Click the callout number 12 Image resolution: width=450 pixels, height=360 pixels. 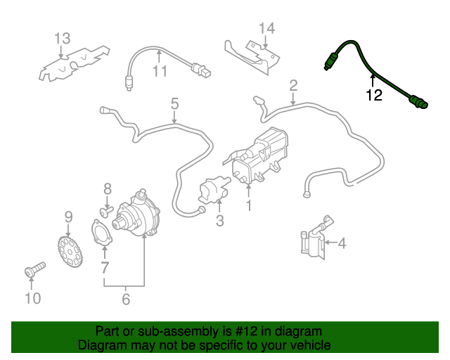point(374,95)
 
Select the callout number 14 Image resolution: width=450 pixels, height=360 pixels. point(266,28)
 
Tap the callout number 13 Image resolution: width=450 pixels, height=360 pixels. point(62,39)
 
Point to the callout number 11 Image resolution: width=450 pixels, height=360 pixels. point(160,71)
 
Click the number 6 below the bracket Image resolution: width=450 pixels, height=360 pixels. point(126,299)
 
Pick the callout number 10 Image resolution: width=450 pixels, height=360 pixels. point(33,298)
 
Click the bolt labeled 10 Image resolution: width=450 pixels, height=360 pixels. point(34,269)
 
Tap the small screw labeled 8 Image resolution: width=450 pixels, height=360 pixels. point(106,212)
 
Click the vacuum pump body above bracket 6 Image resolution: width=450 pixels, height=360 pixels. point(137,214)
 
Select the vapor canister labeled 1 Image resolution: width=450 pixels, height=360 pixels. point(259,157)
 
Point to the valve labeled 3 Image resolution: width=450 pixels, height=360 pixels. point(213,190)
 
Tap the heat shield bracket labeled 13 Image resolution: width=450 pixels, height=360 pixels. point(74,63)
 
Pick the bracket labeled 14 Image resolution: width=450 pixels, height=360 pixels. point(252,58)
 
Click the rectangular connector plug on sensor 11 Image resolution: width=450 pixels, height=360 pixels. point(202,70)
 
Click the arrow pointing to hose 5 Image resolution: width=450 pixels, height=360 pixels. point(174,117)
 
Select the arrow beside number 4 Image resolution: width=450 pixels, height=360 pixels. point(330,243)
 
